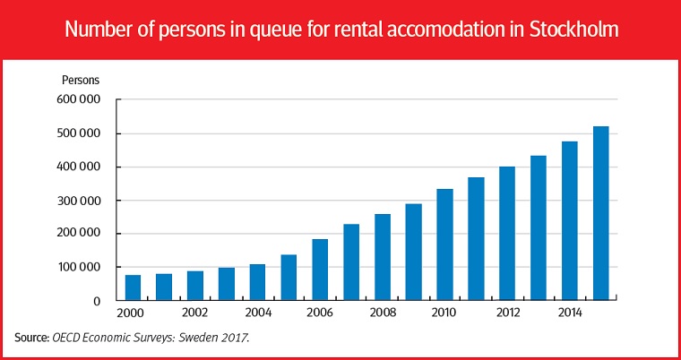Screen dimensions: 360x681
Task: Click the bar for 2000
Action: pos(133,287)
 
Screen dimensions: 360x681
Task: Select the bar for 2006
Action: pos(320,270)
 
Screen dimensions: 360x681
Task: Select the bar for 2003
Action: pos(227,284)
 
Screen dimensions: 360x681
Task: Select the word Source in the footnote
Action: pos(32,338)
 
